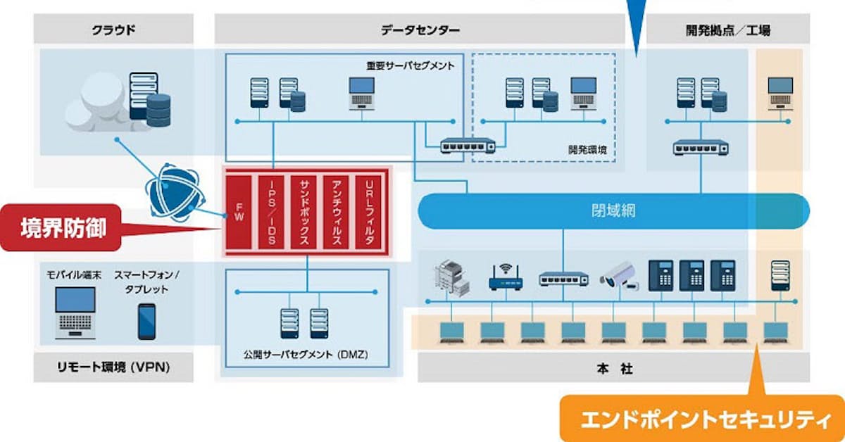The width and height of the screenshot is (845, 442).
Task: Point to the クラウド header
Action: pos(113,30)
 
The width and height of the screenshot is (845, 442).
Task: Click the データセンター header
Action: pos(420,30)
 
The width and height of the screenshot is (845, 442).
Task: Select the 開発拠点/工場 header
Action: pos(727,30)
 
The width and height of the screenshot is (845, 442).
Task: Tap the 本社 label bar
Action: pos(613,367)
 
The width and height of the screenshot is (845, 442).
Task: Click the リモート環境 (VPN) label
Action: pos(113,367)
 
